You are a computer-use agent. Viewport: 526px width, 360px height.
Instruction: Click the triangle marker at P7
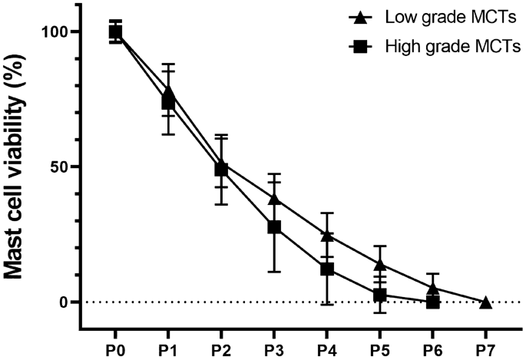(485, 302)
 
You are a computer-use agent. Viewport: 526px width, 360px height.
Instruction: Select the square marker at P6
(432, 302)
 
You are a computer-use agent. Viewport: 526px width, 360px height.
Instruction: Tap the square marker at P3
(273, 226)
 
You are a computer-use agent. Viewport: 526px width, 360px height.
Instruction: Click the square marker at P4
(326, 269)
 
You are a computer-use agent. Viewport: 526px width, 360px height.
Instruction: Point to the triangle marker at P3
(273, 199)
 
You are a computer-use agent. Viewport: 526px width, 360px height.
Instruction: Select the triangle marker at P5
(379, 264)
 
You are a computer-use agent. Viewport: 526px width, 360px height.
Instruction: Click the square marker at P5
(379, 295)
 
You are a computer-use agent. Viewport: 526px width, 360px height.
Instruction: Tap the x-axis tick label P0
(115, 348)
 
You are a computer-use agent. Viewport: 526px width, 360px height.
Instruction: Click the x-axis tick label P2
(221, 348)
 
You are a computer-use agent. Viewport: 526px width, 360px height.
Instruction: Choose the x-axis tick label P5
(379, 348)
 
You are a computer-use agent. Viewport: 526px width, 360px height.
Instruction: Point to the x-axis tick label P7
(485, 348)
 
